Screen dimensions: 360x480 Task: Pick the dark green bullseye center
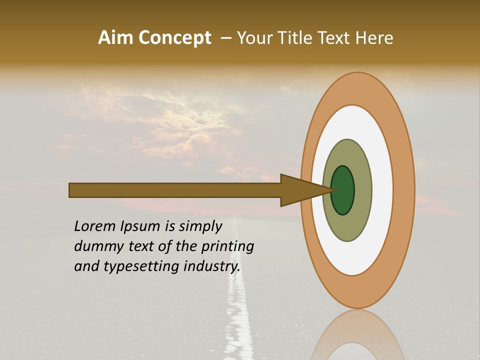tap(342, 190)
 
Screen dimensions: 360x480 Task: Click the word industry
tap(211, 266)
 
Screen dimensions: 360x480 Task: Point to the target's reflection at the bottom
tap(357, 335)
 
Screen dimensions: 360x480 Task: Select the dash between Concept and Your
tap(225, 38)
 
